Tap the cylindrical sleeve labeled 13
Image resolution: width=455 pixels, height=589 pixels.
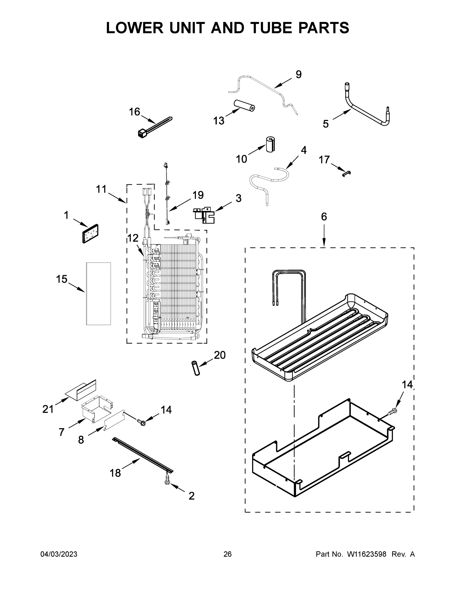[244, 106]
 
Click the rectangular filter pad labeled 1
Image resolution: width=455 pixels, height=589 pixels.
[90, 234]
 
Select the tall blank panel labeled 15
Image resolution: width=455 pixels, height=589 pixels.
[98, 294]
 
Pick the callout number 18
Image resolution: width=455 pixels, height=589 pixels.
[115, 473]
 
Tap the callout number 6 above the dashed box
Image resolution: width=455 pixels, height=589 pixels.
[324, 216]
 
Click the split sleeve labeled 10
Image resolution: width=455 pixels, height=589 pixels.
[270, 145]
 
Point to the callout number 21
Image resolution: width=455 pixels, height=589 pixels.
[48, 409]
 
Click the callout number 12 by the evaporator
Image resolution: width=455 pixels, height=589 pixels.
[133, 238]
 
